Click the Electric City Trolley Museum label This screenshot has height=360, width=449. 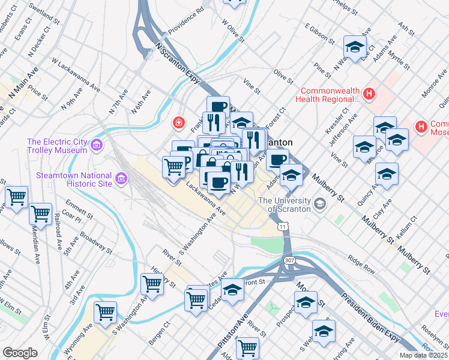click(x=57, y=146)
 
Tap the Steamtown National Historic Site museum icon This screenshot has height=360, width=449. click(x=121, y=179)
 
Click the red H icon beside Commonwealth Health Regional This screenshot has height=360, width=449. click(x=369, y=94)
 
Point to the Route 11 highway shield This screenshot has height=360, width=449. click(x=282, y=226)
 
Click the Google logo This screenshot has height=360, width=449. click(x=20, y=353)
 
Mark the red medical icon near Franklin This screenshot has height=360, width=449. click(x=178, y=124)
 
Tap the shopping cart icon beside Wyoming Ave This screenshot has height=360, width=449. click(x=106, y=313)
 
